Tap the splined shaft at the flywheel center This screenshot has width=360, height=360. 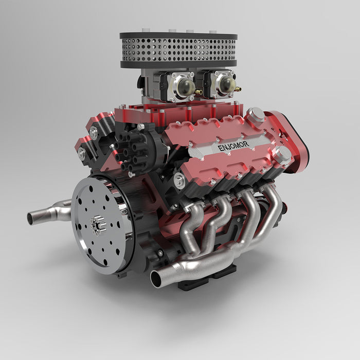[98, 223]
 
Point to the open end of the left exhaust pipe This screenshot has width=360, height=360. [30, 218]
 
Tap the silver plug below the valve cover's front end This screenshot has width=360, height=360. [179, 180]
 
